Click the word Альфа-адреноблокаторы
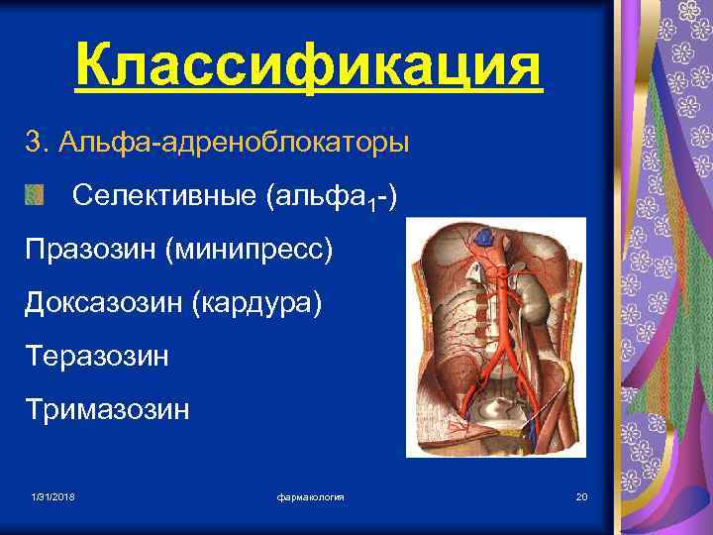232,143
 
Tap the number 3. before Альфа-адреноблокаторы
38,143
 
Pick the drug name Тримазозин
107,408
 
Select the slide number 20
581,495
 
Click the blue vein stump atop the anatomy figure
484,237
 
